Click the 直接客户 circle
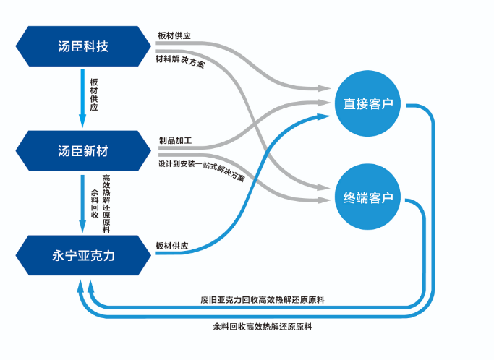coord(368,104)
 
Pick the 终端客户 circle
coord(368,197)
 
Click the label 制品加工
coord(175,140)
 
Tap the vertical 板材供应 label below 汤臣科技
coord(93,93)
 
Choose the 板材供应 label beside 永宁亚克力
coord(172,246)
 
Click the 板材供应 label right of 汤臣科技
coord(174,35)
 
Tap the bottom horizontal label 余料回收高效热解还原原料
coord(262,327)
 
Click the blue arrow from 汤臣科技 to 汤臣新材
coord(83,98)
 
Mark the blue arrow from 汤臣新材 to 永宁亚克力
coord(83,202)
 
